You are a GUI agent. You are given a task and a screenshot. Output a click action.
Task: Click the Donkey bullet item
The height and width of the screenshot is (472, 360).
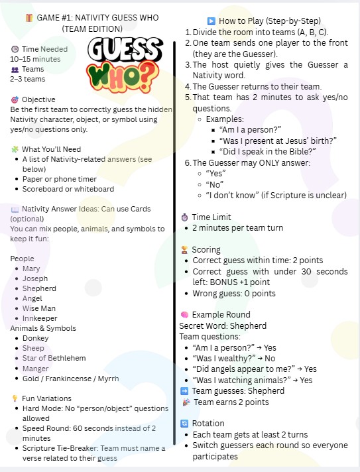click(36, 338)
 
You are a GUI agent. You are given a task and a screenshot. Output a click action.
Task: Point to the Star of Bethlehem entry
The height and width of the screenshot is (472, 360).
click(54, 358)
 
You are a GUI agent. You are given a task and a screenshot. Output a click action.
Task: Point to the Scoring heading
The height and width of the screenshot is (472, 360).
click(206, 250)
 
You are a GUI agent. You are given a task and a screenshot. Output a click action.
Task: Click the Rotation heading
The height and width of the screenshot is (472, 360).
click(208, 423)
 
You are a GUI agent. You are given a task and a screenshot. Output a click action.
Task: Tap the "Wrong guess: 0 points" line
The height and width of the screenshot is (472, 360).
click(233, 293)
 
